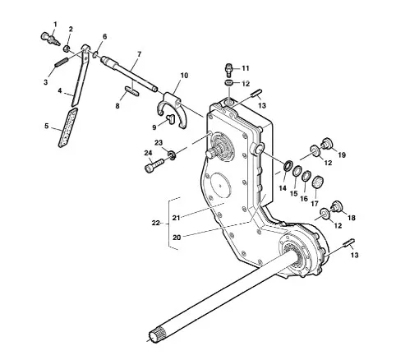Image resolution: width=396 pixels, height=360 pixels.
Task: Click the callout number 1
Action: [55, 25]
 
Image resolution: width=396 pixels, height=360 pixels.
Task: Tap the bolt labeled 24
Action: [154, 165]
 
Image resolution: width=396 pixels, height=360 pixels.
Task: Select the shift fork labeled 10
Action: [173, 109]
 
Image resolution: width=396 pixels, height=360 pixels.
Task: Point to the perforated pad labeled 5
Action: [68, 127]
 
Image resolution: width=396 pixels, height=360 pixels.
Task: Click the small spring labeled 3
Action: [62, 62]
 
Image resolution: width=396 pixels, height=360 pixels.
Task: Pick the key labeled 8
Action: [132, 91]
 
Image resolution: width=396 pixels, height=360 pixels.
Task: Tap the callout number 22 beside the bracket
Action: [156, 223]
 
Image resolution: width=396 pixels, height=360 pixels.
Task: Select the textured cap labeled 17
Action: [318, 182]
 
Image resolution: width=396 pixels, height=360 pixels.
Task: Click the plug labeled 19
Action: [327, 143]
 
